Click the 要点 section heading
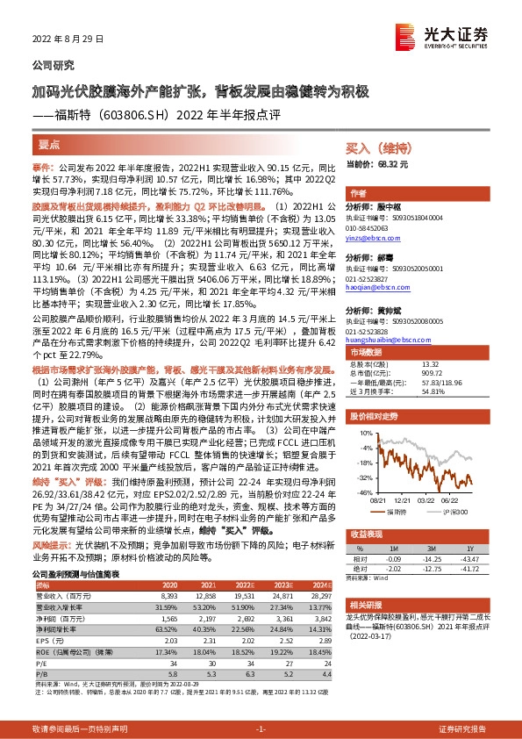pyautogui.click(x=49, y=144)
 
